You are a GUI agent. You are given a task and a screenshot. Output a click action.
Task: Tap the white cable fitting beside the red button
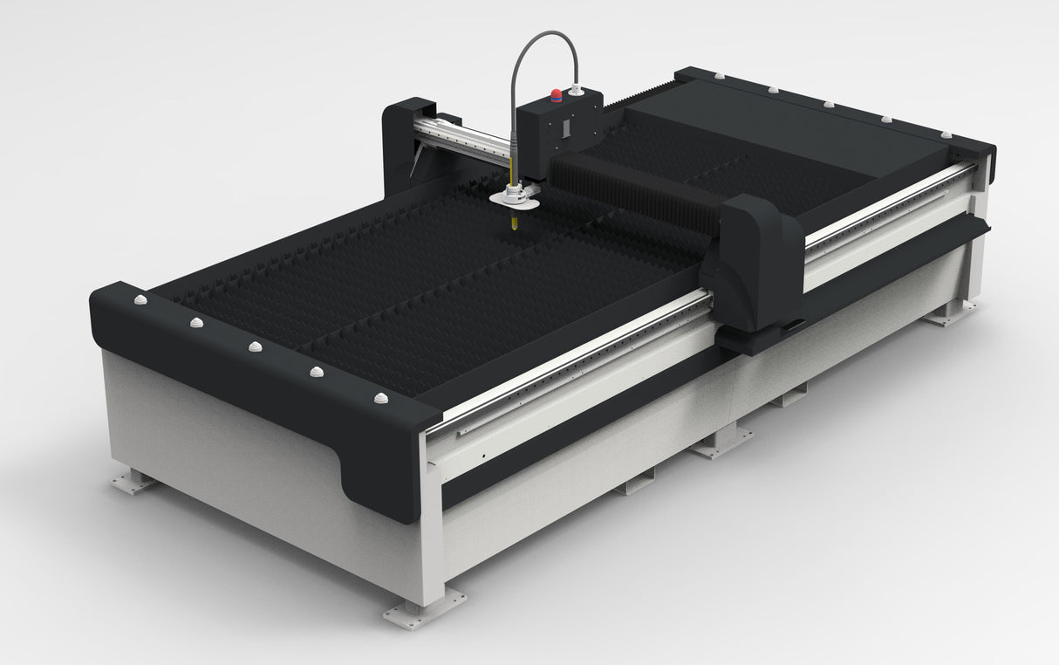coord(575,89)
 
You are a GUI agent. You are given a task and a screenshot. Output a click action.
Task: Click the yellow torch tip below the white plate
coord(514,222)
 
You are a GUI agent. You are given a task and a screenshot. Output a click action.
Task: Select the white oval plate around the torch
coord(515,200)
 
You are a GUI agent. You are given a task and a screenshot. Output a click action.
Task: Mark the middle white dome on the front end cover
coord(255,346)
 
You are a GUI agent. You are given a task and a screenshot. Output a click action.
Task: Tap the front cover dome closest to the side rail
coord(380,398)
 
